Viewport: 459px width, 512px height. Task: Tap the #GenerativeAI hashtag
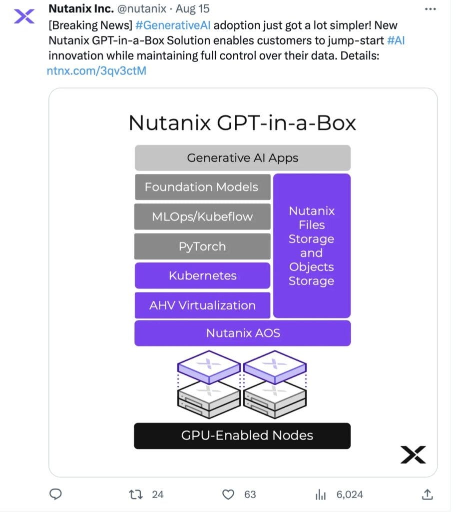point(173,25)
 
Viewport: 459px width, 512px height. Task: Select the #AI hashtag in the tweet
point(395,40)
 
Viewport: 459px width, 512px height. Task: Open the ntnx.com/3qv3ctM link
point(96,71)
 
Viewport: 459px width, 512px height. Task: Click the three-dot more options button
point(430,9)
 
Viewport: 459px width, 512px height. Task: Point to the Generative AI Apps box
point(242,158)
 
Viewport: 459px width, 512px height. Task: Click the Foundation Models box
point(202,187)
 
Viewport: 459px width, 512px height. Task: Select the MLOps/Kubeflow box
point(202,216)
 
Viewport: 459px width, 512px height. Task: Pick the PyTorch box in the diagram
point(202,246)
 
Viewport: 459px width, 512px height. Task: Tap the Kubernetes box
point(202,275)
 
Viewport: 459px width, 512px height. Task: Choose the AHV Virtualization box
point(202,305)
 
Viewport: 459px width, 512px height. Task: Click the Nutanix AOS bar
point(242,333)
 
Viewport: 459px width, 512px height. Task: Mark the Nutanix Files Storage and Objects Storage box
point(312,245)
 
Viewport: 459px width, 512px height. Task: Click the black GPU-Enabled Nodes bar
point(242,435)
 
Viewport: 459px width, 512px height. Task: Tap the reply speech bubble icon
point(56,494)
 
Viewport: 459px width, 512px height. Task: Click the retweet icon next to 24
point(135,494)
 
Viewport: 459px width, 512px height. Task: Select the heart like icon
point(228,494)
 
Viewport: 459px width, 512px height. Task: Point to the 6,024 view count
point(349,494)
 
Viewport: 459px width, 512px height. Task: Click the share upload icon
point(427,494)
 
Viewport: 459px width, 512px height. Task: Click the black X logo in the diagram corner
point(413,454)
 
